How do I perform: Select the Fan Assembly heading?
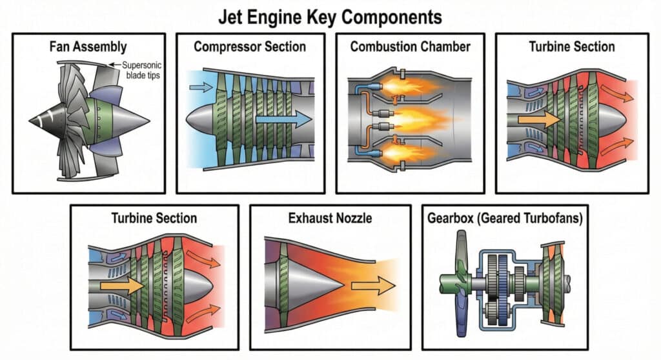coord(88,47)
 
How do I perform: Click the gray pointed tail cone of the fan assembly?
coord(132,120)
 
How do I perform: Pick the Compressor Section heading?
coord(250,47)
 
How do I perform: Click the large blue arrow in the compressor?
coord(283,119)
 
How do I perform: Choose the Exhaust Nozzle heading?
coord(330,219)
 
